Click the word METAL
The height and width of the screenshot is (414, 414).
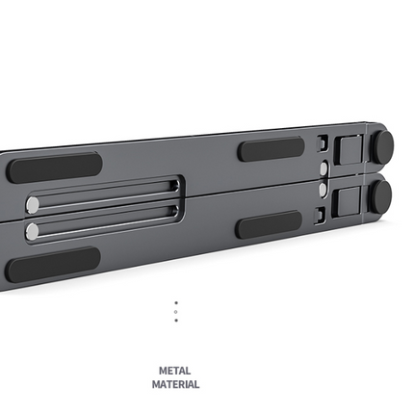click(x=175, y=371)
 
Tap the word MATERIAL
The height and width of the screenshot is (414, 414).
click(x=175, y=384)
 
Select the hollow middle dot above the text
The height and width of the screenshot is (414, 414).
click(x=176, y=312)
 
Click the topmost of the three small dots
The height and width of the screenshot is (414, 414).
click(x=176, y=302)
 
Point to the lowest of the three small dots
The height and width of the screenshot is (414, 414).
click(x=176, y=321)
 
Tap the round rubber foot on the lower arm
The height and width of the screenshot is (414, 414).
click(x=380, y=196)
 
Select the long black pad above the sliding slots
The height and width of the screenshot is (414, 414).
click(x=54, y=168)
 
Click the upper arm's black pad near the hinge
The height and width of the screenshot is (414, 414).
click(x=272, y=149)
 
